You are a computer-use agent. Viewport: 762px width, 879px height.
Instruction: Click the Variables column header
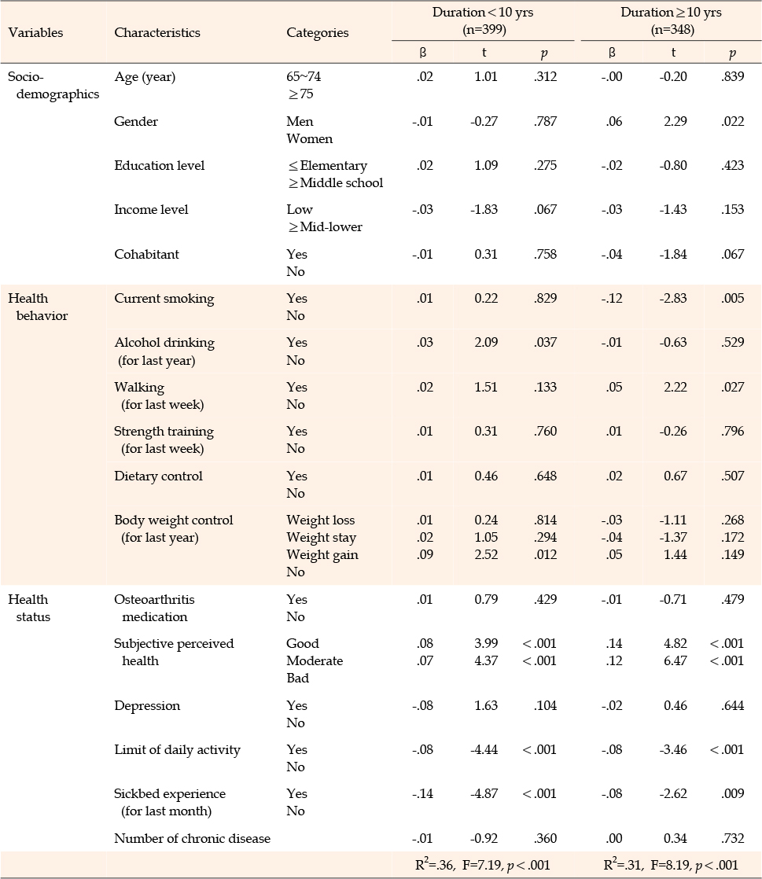[35, 32]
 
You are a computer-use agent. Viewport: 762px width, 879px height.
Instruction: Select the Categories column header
[318, 33]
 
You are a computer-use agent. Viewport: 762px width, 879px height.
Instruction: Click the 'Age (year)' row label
[145, 77]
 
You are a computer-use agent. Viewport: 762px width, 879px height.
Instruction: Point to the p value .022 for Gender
[732, 121]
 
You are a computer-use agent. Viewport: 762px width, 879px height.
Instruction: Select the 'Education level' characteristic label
[159, 165]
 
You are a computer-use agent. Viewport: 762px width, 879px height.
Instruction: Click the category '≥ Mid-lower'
[326, 227]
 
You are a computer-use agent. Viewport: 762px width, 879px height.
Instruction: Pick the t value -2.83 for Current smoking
[673, 298]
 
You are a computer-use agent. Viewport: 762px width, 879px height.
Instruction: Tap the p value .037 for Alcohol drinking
[545, 342]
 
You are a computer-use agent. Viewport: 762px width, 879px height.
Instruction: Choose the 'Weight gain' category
[322, 554]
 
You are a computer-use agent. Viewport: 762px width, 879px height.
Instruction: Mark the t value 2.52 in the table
[485, 554]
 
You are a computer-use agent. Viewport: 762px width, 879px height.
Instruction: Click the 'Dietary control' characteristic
[158, 476]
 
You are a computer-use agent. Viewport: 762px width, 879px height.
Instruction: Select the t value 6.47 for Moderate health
[675, 660]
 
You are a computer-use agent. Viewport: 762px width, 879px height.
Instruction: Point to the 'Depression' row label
[147, 706]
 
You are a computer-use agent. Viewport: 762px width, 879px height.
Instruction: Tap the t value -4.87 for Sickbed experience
[484, 793]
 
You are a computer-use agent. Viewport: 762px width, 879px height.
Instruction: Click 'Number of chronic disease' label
[193, 838]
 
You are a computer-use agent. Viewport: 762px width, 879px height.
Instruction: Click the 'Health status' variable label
[29, 608]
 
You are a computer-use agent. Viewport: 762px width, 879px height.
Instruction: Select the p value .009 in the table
[732, 793]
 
